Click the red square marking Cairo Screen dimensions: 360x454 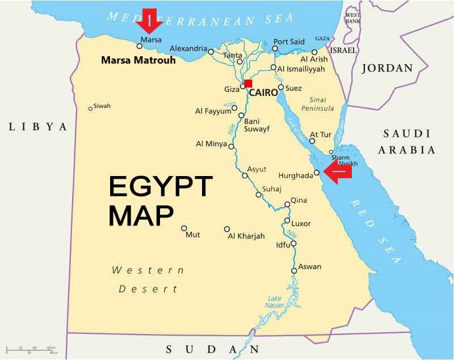point(248,83)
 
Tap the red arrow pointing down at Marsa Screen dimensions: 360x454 point(150,22)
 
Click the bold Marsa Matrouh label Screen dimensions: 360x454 point(138,60)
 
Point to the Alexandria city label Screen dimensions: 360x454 point(188,49)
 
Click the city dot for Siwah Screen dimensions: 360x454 point(90,108)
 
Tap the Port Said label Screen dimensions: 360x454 point(289,41)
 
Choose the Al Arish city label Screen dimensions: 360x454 point(314,59)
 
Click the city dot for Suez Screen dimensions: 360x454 point(280,87)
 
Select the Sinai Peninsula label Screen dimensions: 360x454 point(318,104)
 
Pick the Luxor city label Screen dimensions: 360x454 point(301,223)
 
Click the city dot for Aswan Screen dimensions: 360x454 point(294,271)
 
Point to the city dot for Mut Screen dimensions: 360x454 point(184,228)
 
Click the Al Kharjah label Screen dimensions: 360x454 point(246,236)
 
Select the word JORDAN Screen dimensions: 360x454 point(387,68)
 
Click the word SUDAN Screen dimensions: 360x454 point(212,349)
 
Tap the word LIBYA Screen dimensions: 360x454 point(38,127)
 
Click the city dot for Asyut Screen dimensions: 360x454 point(245,175)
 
